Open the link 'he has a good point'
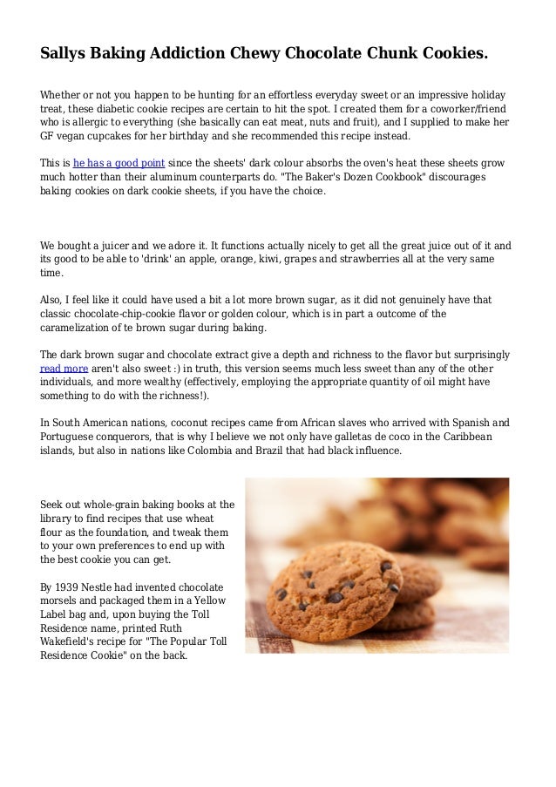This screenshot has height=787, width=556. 119,163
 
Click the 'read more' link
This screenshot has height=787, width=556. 64,369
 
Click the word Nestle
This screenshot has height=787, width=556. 107,587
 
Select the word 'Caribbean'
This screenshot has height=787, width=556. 463,437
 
